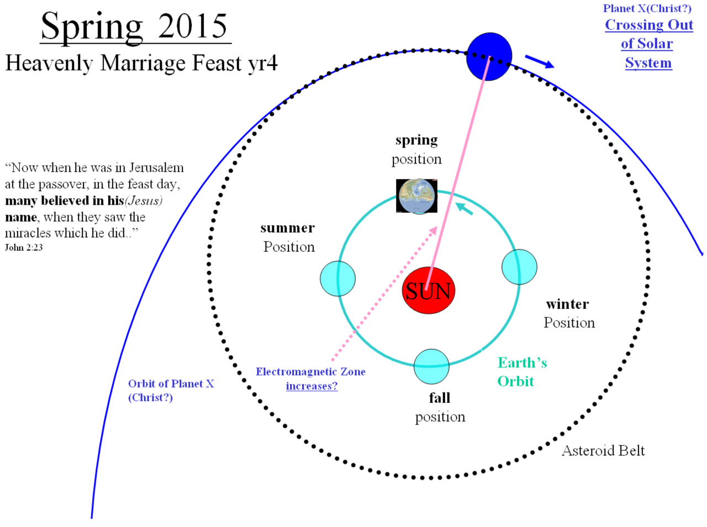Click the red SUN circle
pyautogui.click(x=429, y=290)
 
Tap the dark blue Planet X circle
pyautogui.click(x=489, y=56)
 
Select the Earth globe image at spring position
pyautogui.click(x=416, y=196)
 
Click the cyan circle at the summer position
pyautogui.click(x=337, y=278)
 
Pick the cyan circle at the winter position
pyautogui.click(x=519, y=267)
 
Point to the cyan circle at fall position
pyautogui.click(x=431, y=367)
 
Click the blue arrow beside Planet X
pyautogui.click(x=540, y=61)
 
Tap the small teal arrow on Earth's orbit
pyautogui.click(x=464, y=208)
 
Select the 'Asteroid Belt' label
pyautogui.click(x=603, y=451)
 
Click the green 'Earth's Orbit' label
pyautogui.click(x=522, y=372)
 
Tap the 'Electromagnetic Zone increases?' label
pyautogui.click(x=311, y=379)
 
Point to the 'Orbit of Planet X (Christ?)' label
pyautogui.click(x=171, y=391)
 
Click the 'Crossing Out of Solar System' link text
pyautogui.click(x=648, y=44)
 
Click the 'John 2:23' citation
pyautogui.click(x=24, y=247)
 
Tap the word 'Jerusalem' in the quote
pyautogui.click(x=156, y=167)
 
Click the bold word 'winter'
pyautogui.click(x=567, y=304)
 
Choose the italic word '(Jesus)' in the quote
pyautogui.click(x=143, y=201)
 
